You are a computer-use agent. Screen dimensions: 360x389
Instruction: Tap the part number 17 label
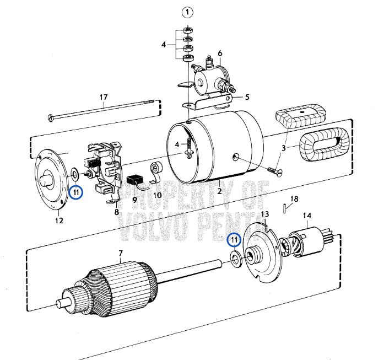pyautogui.click(x=103, y=98)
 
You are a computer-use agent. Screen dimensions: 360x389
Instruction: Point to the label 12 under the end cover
pyautogui.click(x=58, y=221)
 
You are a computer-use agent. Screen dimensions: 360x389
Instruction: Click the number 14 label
pyautogui.click(x=306, y=216)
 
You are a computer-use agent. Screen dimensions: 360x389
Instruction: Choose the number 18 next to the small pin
pyautogui.click(x=294, y=198)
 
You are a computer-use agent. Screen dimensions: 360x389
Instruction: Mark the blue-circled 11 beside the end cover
pyautogui.click(x=76, y=192)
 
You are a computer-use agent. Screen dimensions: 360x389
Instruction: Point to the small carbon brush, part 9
pyautogui.click(x=136, y=181)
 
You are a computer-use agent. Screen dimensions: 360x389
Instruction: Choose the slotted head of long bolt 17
pyautogui.click(x=51, y=117)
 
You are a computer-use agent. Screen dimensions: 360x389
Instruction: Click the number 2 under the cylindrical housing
pyautogui.click(x=219, y=191)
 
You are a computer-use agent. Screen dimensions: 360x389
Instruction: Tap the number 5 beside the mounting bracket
pyautogui.click(x=247, y=97)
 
